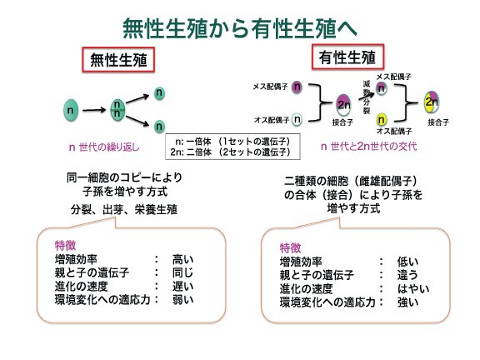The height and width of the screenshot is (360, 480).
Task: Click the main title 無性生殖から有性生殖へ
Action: click(240, 28)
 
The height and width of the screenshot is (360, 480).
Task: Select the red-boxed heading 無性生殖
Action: click(118, 60)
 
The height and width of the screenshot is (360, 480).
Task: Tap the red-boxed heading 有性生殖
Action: click(347, 57)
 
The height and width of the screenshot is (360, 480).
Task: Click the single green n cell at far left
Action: click(71, 110)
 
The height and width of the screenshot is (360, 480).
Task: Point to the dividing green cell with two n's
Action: click(117, 110)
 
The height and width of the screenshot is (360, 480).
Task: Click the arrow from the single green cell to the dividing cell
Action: click(94, 110)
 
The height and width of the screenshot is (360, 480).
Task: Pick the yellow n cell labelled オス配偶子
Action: click(381, 119)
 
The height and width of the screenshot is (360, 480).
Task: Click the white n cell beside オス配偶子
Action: click(297, 119)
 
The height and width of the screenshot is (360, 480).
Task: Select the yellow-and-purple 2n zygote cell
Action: click(432, 102)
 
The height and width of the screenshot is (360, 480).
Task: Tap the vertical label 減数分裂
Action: click(367, 97)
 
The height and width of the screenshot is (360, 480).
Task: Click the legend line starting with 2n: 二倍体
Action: click(230, 152)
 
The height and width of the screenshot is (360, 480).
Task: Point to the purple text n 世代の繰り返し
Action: click(104, 147)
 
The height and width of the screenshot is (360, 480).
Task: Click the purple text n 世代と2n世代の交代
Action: click(368, 147)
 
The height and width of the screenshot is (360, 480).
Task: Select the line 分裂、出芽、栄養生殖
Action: click(124, 210)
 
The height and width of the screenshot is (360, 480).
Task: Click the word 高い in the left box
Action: click(182, 260)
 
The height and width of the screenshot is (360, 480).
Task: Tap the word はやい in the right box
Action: click(413, 288)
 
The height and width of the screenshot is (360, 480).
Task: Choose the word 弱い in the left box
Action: click(182, 299)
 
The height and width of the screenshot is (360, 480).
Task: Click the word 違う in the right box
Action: click(407, 275)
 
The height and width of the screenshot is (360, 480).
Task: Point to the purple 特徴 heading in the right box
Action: click(291, 247)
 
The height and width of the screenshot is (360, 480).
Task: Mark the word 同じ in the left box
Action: click(182, 272)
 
